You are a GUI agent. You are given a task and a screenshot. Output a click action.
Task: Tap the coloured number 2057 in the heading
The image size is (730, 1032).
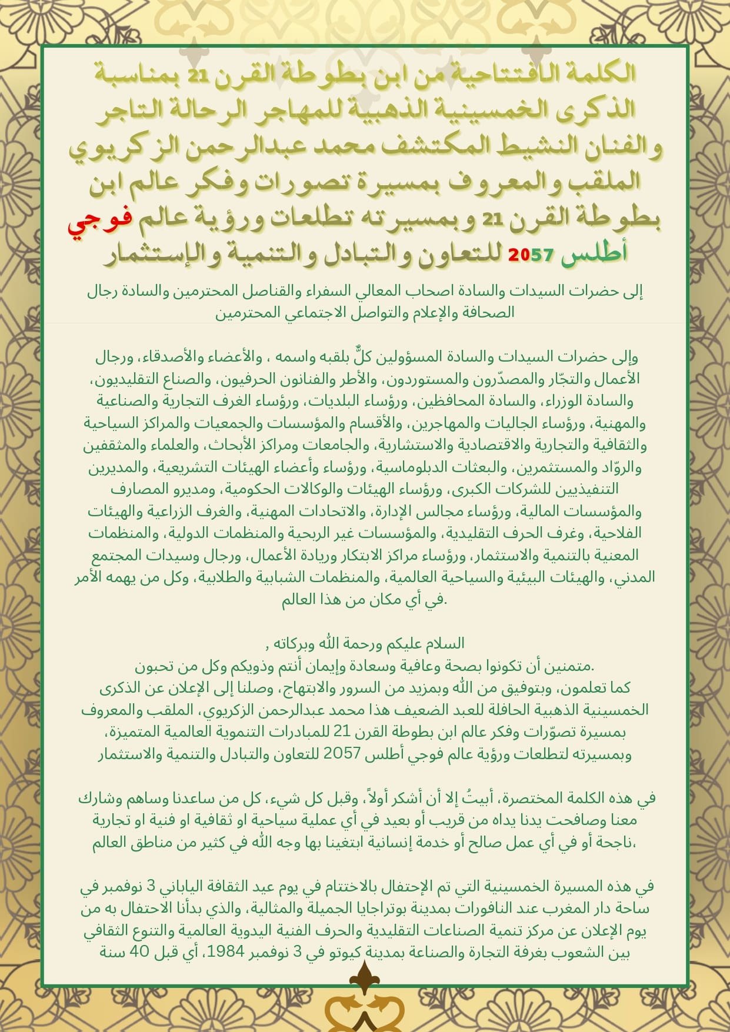coord(531,255)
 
